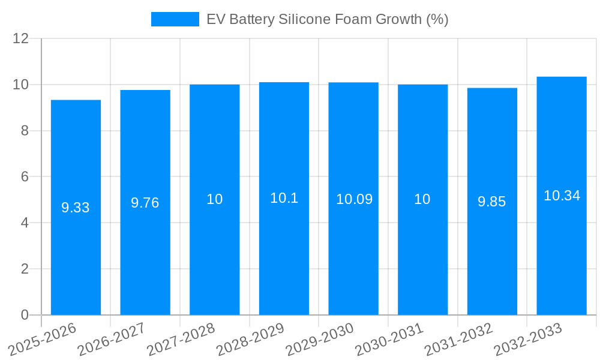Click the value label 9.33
pos(76,208)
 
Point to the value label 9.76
pos(145,203)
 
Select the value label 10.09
pos(354,199)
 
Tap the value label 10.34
pos(562,196)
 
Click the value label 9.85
pos(492,202)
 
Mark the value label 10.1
pos(284,198)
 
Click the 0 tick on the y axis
pos(25,315)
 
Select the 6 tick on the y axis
pos(25,177)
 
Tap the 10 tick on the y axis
pos(21,85)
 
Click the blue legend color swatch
pos(175,19)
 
